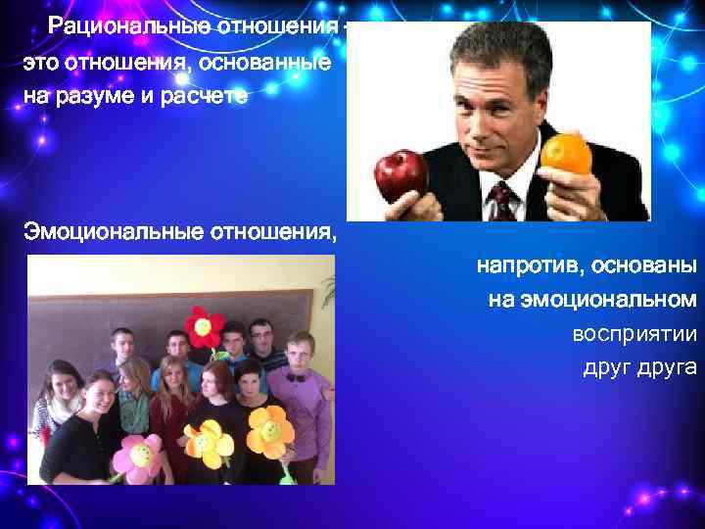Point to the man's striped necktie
click(502, 200)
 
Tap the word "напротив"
click(527, 265)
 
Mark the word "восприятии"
click(634, 334)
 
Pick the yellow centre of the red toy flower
click(203, 324)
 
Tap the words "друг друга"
click(639, 368)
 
